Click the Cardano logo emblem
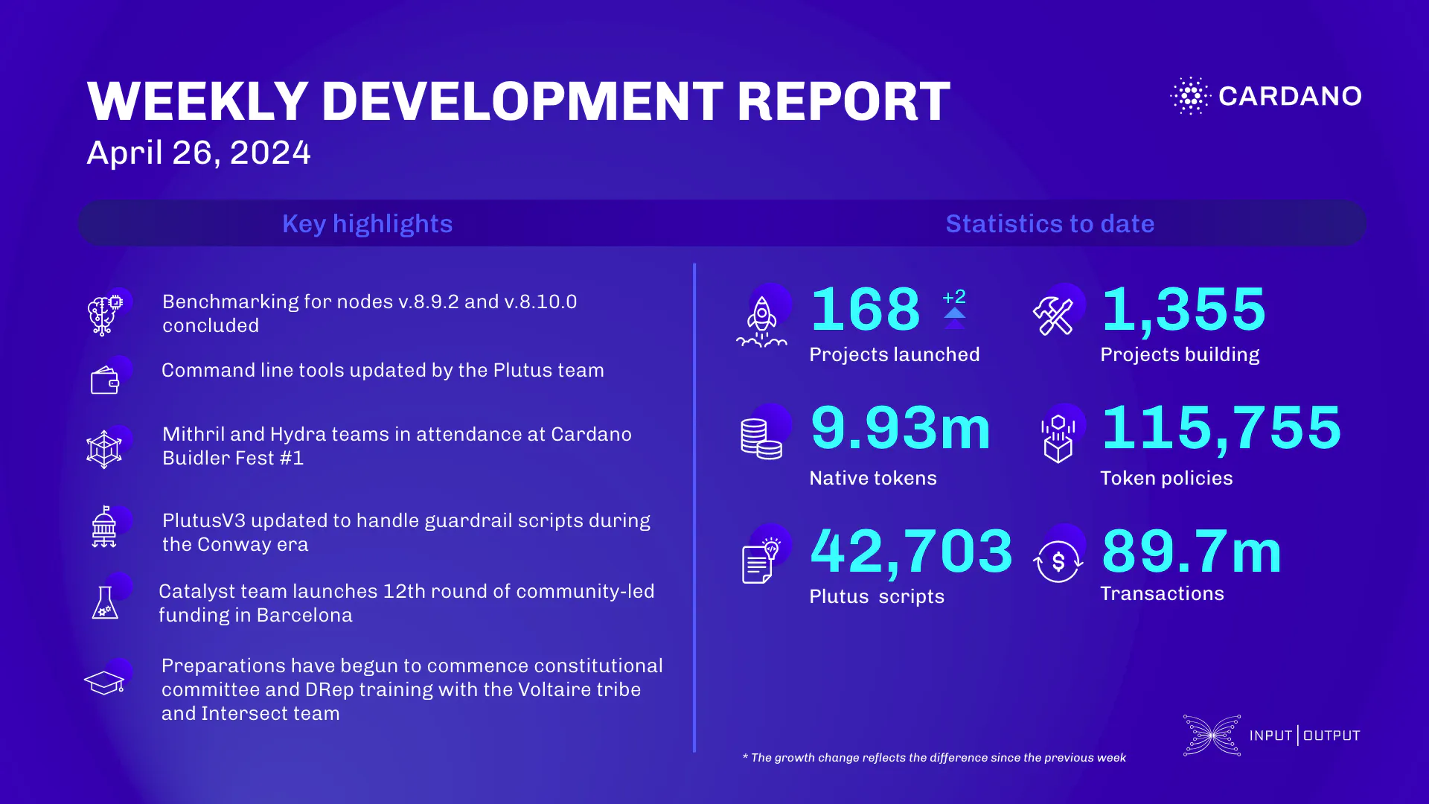[1191, 96]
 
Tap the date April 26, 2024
[199, 153]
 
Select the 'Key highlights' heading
[367, 223]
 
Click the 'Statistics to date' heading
[1049, 223]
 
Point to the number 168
[866, 310]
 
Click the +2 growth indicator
[954, 298]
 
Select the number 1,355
[1183, 310]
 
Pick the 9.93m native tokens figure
[901, 429]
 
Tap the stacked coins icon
[761, 438]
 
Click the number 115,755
[1221, 429]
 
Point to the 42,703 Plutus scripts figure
[911, 552]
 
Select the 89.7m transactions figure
[1192, 552]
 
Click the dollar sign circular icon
[1058, 561]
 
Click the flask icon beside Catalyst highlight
[105, 602]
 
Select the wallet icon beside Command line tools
[105, 381]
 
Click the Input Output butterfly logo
[1212, 736]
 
